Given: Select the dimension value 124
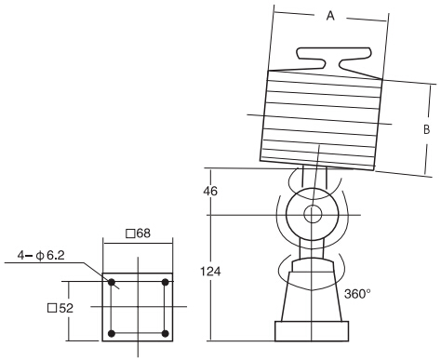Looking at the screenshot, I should coord(210,273).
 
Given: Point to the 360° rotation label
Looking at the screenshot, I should coord(357,293).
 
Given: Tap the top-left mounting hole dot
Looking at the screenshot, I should coord(111,282).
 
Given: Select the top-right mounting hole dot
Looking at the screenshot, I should coord(166,282).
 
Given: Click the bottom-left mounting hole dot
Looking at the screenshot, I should coord(111,333).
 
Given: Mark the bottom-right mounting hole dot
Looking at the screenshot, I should coord(166,333).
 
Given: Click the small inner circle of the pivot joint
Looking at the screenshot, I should coord(312,215).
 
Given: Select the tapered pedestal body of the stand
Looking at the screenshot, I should coord(312,293).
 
